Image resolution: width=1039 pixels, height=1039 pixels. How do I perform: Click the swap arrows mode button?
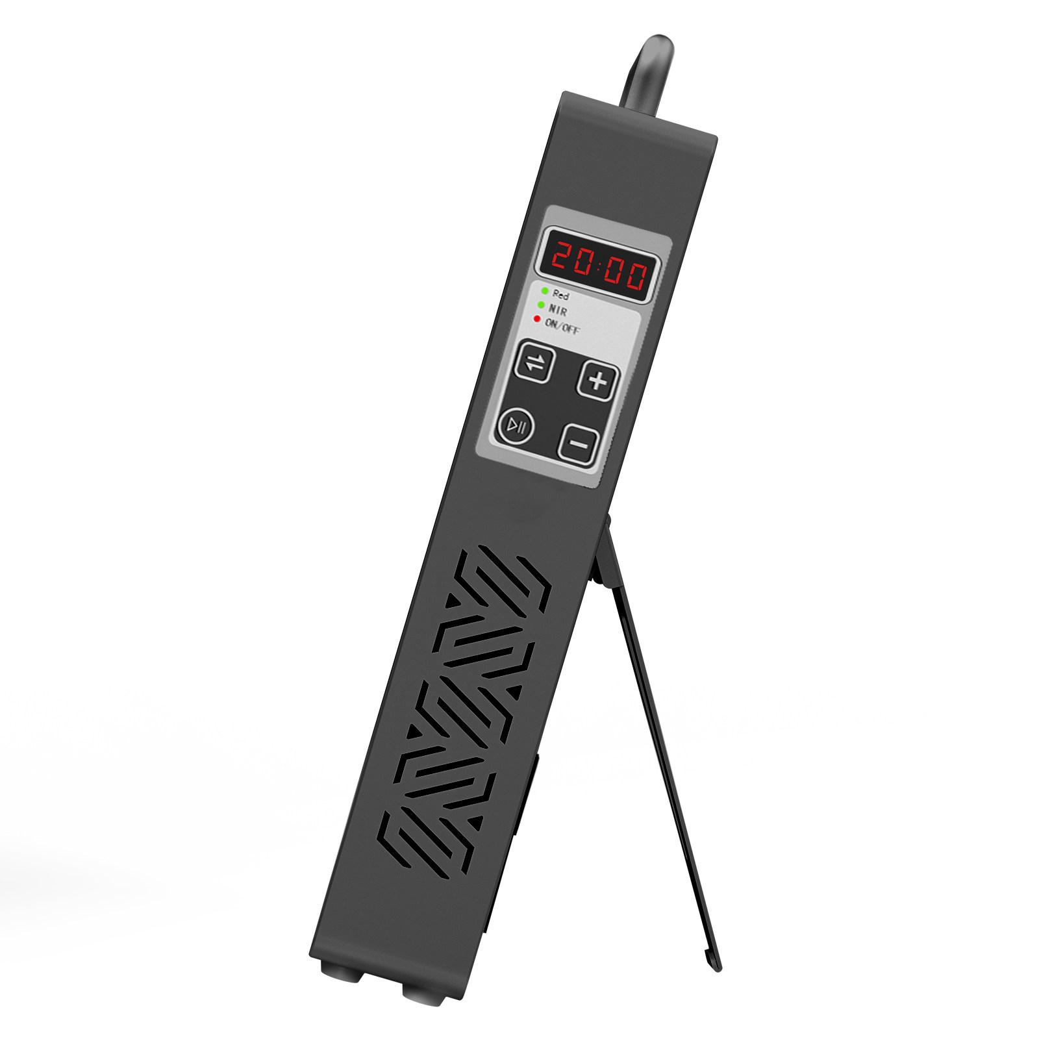(534, 362)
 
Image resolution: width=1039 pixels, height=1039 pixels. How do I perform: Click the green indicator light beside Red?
(545, 291)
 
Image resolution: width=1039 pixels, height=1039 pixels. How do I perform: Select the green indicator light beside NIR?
(541, 305)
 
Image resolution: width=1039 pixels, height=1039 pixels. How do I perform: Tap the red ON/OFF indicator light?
(537, 319)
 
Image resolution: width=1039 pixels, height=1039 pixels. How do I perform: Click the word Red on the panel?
(560, 295)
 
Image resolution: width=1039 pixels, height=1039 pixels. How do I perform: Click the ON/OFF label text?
(562, 326)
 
